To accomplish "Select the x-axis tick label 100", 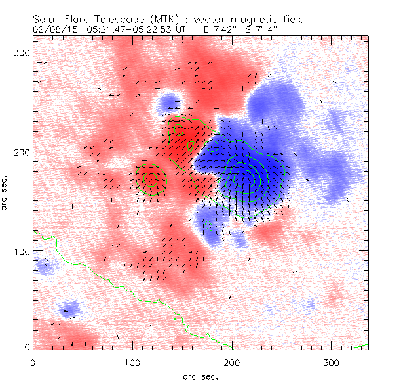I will (132, 362).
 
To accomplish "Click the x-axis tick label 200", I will (231, 362).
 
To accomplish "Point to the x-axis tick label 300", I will (331, 362).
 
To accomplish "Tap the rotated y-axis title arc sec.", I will (9, 193).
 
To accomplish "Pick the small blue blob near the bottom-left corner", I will (68, 309).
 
